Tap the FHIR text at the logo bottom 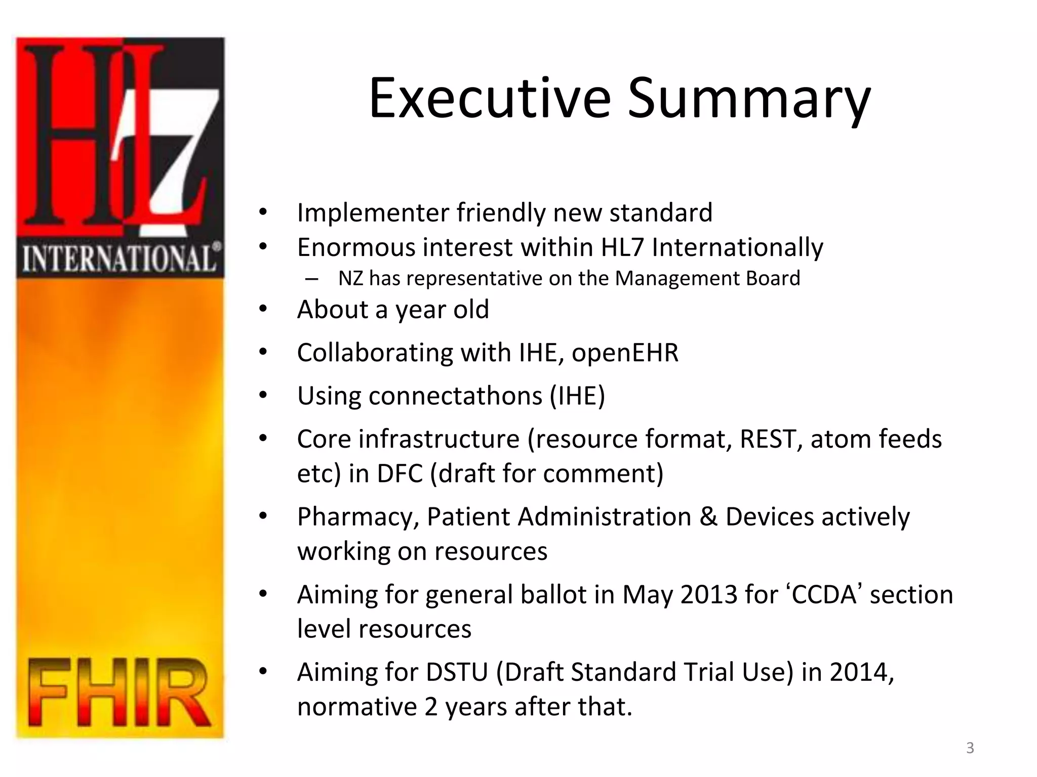click(x=119, y=693)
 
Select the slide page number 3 click(x=970, y=748)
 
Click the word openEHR click(x=625, y=353)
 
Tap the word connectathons click(x=455, y=396)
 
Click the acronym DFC click(x=399, y=473)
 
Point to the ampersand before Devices click(x=708, y=517)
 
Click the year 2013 click(x=708, y=594)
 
